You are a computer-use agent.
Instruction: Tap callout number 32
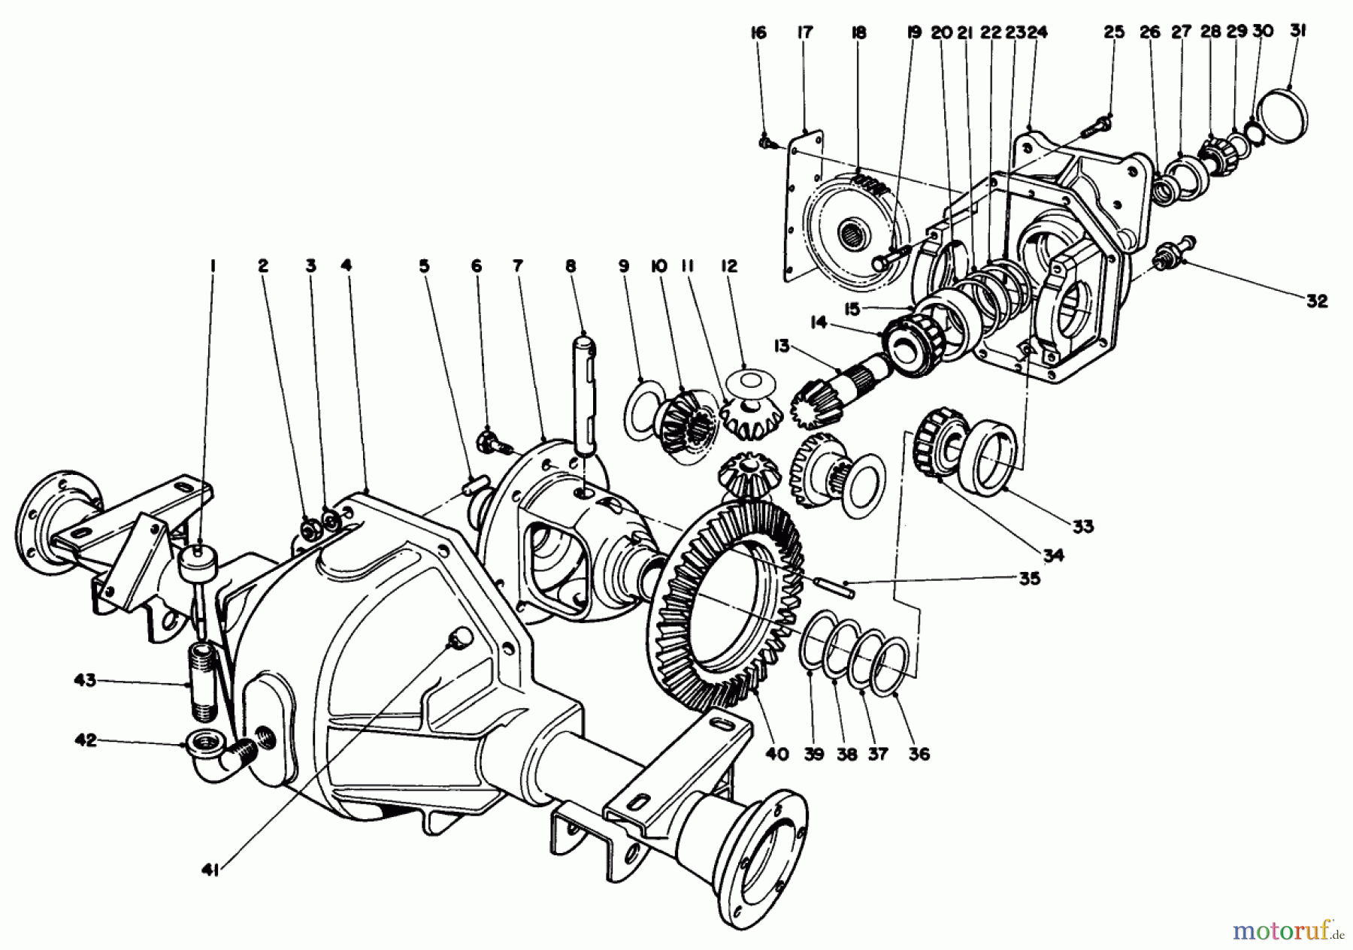point(1318,301)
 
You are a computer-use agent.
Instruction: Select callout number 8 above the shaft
point(571,265)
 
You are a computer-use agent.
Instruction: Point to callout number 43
point(85,681)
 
